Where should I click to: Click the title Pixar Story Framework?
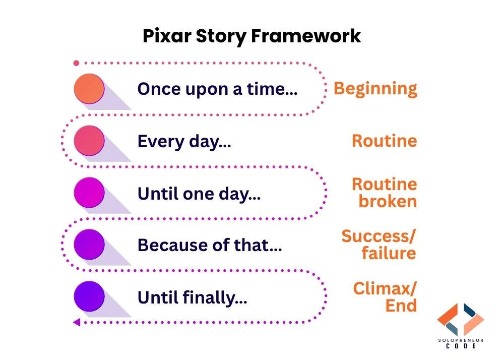(x=251, y=36)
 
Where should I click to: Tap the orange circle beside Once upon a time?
(x=89, y=89)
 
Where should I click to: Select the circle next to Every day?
(x=89, y=141)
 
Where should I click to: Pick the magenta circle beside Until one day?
(x=89, y=193)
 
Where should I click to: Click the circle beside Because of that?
(x=89, y=245)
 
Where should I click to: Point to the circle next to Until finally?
(x=89, y=296)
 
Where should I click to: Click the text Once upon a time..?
(x=217, y=89)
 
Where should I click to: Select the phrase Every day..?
(x=184, y=142)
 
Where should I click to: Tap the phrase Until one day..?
(x=199, y=194)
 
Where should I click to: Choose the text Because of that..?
(x=209, y=246)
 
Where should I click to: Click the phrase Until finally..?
(x=192, y=298)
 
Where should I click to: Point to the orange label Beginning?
(x=375, y=89)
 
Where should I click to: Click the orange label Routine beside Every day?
(x=384, y=141)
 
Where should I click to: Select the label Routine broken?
(x=384, y=193)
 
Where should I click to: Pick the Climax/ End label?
(x=385, y=297)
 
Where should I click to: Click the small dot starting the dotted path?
(x=76, y=63)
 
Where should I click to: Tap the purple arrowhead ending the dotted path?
(x=77, y=322)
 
